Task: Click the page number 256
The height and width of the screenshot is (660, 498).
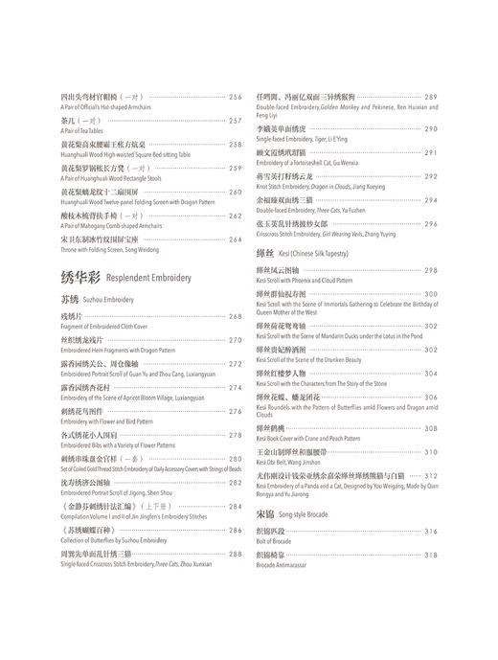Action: point(235,98)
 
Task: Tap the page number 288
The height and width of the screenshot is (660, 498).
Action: point(235,554)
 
